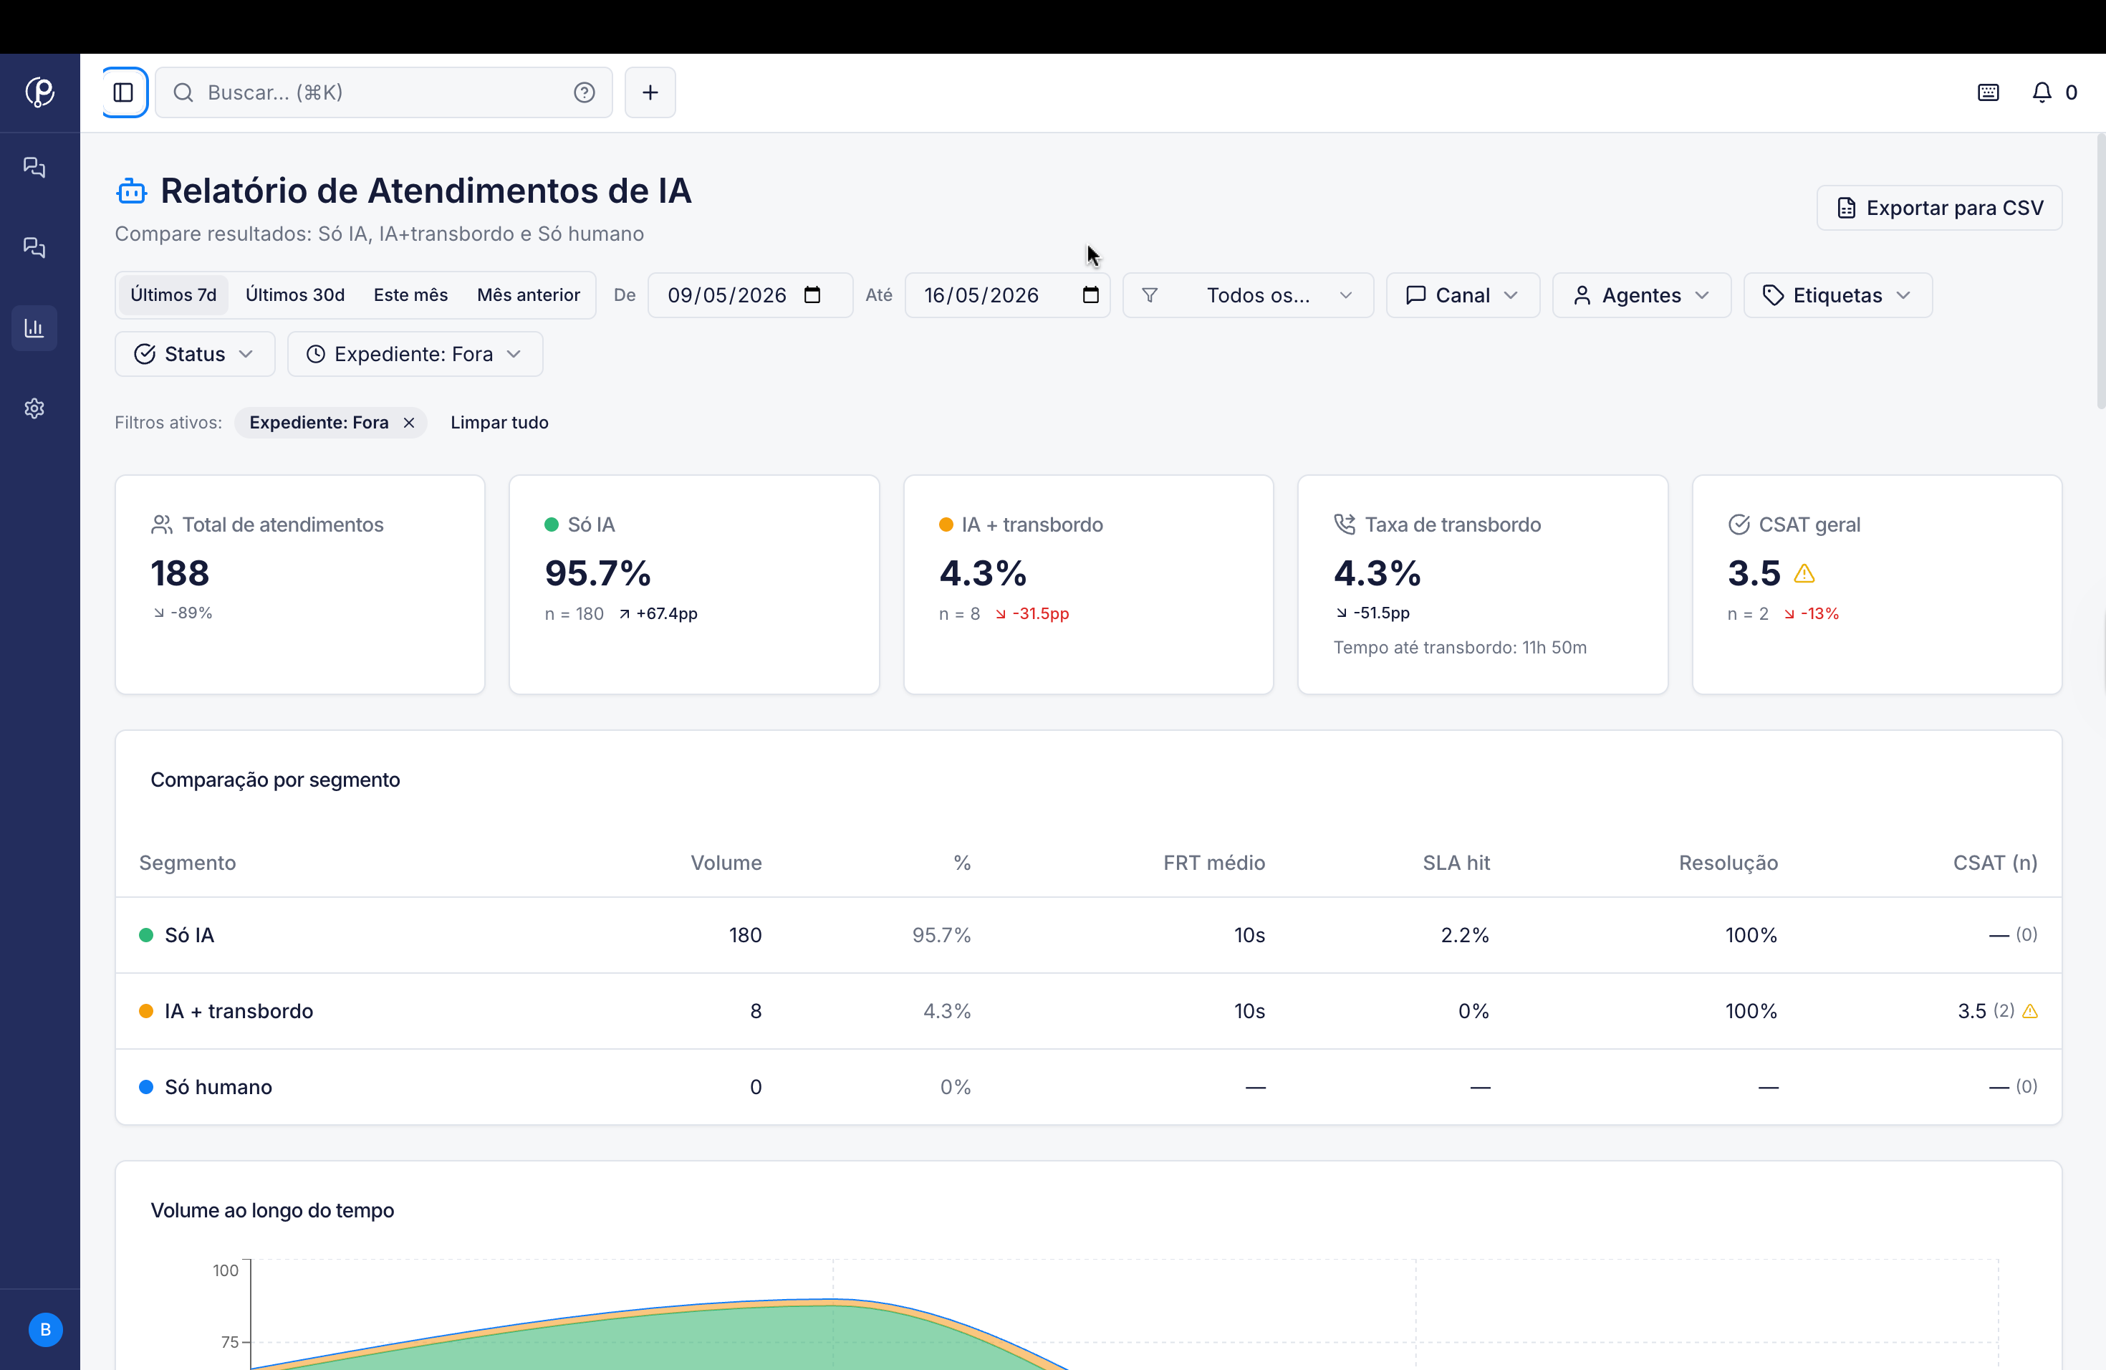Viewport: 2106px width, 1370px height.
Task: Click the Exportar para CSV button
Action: pyautogui.click(x=1939, y=208)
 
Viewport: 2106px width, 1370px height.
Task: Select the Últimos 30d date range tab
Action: pyautogui.click(x=294, y=294)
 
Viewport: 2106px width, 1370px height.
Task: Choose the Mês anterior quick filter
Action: pyautogui.click(x=528, y=294)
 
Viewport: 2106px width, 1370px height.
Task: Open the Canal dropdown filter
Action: pyautogui.click(x=1463, y=294)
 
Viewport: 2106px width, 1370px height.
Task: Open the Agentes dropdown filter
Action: pyautogui.click(x=1641, y=294)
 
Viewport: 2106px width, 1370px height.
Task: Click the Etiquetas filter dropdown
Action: pyautogui.click(x=1838, y=294)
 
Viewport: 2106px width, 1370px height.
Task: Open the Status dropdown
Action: pyautogui.click(x=195, y=354)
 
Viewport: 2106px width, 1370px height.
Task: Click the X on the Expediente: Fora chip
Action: pyautogui.click(x=409, y=423)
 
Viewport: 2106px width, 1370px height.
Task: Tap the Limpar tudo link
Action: pyautogui.click(x=499, y=423)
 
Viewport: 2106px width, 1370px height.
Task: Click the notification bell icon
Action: pyautogui.click(x=2042, y=92)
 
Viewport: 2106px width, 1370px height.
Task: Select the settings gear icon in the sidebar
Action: pyautogui.click(x=34, y=408)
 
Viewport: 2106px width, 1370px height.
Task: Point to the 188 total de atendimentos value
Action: pyautogui.click(x=180, y=573)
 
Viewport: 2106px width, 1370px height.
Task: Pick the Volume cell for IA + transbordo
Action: pyautogui.click(x=756, y=1012)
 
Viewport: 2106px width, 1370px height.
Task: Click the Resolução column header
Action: pyautogui.click(x=1728, y=863)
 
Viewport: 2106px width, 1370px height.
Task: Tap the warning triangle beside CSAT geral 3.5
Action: pyautogui.click(x=1804, y=575)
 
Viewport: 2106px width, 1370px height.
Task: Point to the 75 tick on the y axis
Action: pyautogui.click(x=229, y=1341)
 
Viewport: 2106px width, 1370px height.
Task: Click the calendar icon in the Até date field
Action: pyautogui.click(x=1090, y=294)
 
